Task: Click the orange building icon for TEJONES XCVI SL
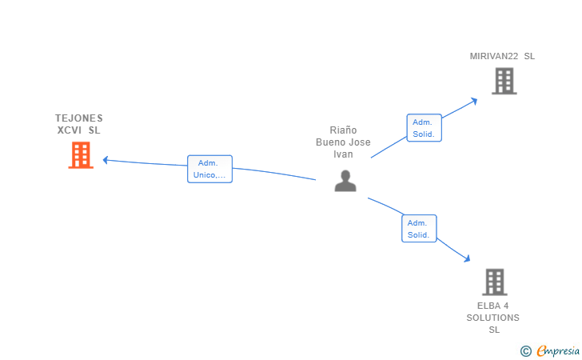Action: click(81, 155)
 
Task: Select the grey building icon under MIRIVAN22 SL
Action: click(504, 81)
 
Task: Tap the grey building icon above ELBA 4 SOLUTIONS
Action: click(495, 282)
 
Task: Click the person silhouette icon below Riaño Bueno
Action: click(345, 181)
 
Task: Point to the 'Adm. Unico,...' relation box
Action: click(209, 169)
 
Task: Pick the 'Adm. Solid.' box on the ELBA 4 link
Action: click(418, 229)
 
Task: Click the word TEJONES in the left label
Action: click(79, 118)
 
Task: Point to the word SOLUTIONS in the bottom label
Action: click(493, 318)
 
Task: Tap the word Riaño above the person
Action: click(343, 130)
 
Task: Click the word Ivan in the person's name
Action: click(343, 154)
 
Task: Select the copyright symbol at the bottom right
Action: click(525, 350)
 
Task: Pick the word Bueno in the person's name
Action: click(332, 142)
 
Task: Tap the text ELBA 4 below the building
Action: click(493, 306)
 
